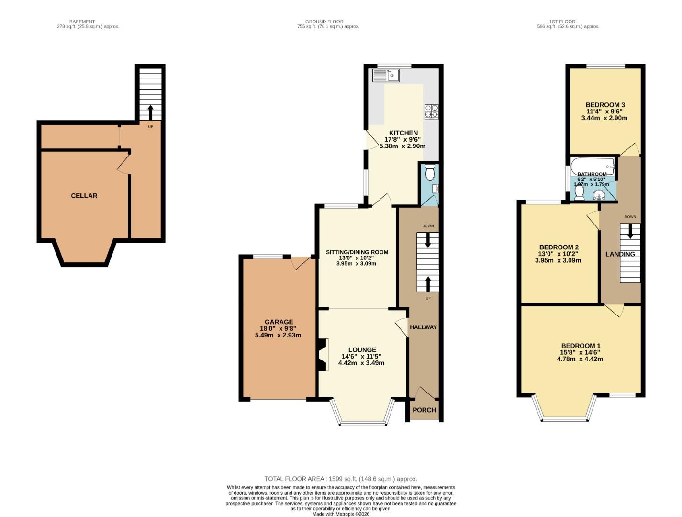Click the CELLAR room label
84,196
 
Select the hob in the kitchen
431,112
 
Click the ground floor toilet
430,173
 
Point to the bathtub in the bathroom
592,166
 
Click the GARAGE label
279,322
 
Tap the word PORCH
424,410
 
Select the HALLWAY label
423,327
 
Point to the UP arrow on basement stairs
150,112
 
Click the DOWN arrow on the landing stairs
630,231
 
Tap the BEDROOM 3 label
604,105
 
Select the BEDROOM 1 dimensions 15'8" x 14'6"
581,352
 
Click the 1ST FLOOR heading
562,22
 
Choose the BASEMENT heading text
82,22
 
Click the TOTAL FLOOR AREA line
341,479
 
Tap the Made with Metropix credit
341,514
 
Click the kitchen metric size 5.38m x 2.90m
402,146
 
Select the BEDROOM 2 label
559,247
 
